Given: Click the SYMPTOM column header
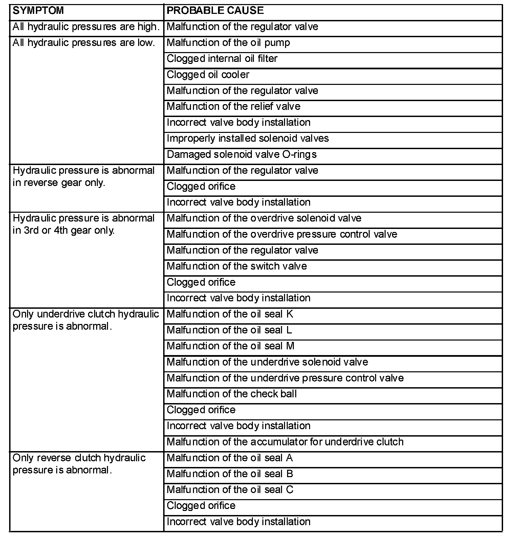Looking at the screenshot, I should point(38,10).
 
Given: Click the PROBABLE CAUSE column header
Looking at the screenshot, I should point(215,10).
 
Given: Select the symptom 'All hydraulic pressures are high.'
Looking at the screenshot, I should point(86,27).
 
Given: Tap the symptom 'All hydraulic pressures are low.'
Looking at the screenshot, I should point(84,43).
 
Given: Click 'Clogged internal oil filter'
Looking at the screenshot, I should point(222,59).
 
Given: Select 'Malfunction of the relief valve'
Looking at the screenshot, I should point(234,107).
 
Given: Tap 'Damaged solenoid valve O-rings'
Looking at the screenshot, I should point(242,155).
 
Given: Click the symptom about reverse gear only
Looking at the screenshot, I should point(84,177).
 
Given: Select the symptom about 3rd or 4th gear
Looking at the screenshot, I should point(84,224).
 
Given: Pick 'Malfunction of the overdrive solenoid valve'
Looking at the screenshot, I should point(264,218).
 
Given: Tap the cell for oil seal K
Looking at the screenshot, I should point(230,314).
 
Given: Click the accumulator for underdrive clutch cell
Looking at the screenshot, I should point(285,442).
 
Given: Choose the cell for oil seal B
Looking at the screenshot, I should point(230,474).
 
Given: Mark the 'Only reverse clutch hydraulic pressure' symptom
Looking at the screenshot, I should point(79,464).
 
